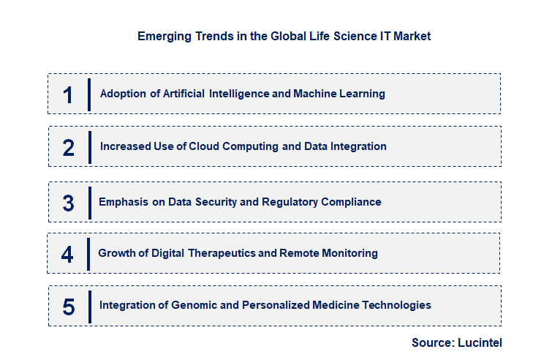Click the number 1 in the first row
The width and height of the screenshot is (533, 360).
(68, 94)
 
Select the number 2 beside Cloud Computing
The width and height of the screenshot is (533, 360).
(69, 147)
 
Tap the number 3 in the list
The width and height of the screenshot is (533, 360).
(69, 203)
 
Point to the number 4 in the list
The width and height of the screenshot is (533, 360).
(68, 254)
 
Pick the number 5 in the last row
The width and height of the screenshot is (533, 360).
(69, 307)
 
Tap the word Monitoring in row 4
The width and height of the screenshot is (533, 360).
(352, 253)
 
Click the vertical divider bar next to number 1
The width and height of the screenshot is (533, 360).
(89, 94)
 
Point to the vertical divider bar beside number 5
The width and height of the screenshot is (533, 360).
(89, 307)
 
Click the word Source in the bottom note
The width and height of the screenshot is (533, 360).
(431, 342)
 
